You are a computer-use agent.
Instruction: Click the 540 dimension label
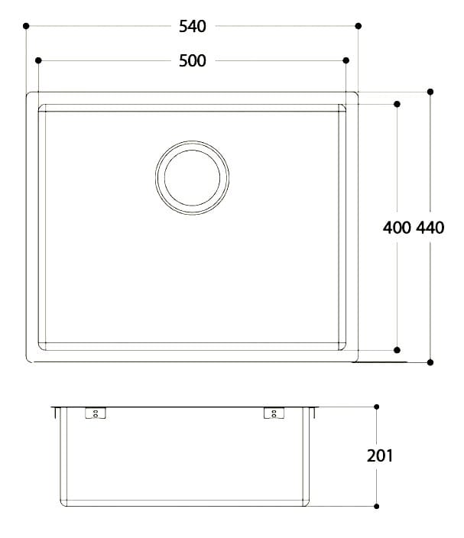pyautogui.click(x=193, y=27)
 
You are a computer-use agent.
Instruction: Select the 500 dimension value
pyautogui.click(x=193, y=61)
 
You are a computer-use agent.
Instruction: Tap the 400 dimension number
pyautogui.click(x=397, y=227)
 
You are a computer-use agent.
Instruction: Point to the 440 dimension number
pyautogui.click(x=431, y=227)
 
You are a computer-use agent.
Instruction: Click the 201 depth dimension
pyautogui.click(x=380, y=456)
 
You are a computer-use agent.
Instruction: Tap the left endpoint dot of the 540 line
pyautogui.click(x=27, y=26)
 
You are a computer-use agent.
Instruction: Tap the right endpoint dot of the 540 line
pyautogui.click(x=358, y=26)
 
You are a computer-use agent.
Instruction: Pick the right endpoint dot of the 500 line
pyautogui.click(x=346, y=60)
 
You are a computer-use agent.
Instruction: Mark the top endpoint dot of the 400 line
pyautogui.click(x=397, y=103)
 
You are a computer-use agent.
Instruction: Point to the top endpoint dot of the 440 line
pyautogui.click(x=430, y=92)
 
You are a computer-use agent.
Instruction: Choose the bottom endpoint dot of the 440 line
pyautogui.click(x=430, y=361)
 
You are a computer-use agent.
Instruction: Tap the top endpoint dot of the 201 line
pyautogui.click(x=376, y=407)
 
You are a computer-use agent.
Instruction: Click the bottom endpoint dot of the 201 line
pyautogui.click(x=376, y=506)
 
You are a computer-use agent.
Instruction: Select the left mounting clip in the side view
pyautogui.click(x=96, y=413)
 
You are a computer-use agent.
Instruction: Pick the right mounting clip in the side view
pyautogui.click(x=272, y=413)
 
